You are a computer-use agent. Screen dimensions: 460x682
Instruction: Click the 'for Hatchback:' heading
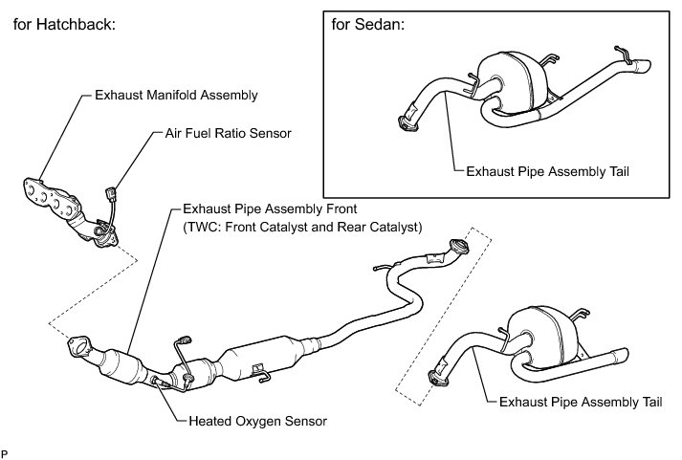[x=63, y=25]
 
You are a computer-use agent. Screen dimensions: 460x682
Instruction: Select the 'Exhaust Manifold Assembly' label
[x=176, y=96]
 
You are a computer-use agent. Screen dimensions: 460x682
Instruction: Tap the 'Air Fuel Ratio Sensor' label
[x=211, y=134]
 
